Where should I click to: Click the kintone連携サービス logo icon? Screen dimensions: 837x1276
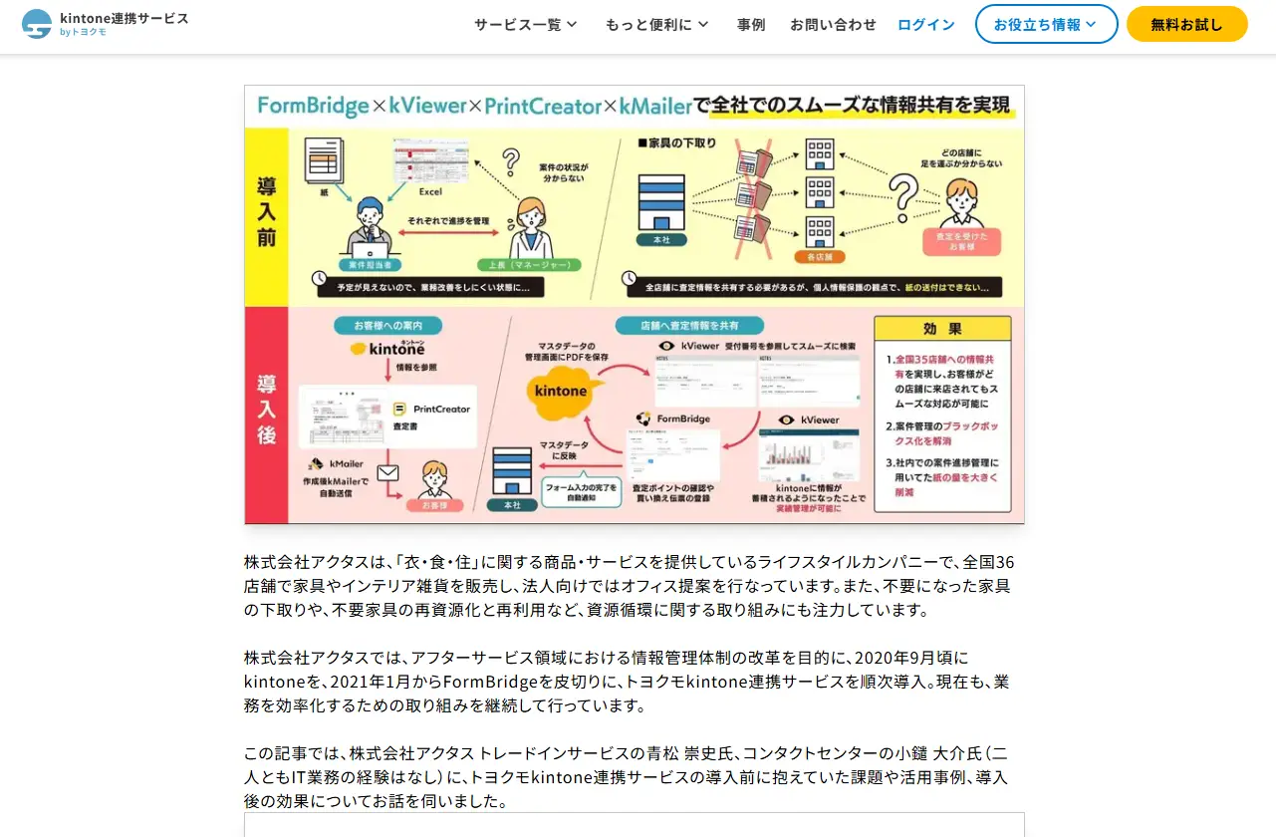37,24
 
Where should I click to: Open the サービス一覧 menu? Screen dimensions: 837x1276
525,25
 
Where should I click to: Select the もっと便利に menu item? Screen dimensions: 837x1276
656,25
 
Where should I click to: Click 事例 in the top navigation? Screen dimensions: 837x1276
751,25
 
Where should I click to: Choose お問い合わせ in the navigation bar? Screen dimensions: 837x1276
833,25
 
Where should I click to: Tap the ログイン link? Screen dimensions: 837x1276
925,25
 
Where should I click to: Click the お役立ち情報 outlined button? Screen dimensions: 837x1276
1046,25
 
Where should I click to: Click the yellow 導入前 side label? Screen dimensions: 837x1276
267,212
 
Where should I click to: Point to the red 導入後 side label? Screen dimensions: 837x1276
267,410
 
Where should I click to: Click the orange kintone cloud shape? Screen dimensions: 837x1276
562,390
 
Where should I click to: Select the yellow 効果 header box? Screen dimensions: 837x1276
941,330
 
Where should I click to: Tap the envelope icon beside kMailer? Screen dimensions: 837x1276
387,472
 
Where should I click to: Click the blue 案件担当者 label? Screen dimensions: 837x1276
371,265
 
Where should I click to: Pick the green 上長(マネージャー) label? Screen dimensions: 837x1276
529,265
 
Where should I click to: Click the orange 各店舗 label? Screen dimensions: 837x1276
820,257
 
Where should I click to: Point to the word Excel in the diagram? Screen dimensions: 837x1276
429,191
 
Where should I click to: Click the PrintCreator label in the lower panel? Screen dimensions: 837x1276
441,409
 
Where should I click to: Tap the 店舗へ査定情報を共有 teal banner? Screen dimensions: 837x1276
688,326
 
